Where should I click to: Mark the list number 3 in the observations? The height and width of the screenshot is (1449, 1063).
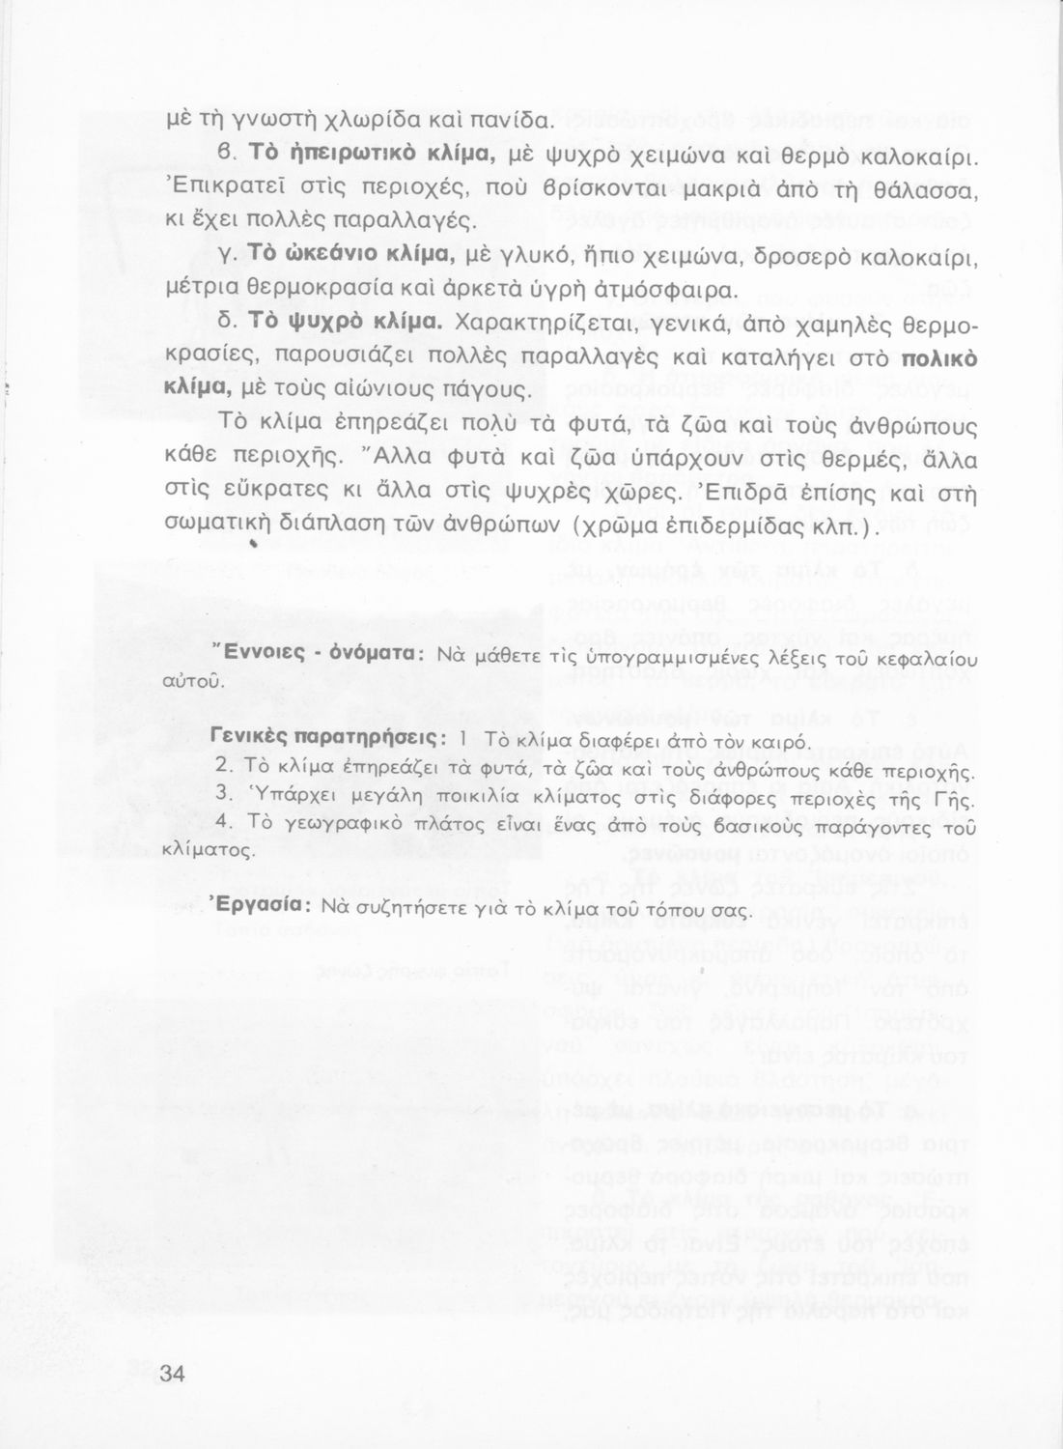tap(221, 793)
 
